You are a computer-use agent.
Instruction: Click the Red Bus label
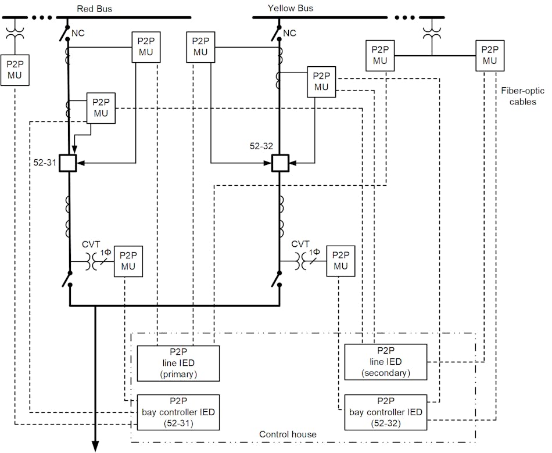pyautogui.click(x=94, y=8)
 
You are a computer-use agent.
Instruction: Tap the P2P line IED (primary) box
pyautogui.click(x=178, y=363)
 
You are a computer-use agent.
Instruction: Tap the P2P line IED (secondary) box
pyautogui.click(x=386, y=362)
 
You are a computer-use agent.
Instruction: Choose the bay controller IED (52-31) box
pyautogui.click(x=178, y=412)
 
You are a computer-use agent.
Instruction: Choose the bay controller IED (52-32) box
pyautogui.click(x=386, y=412)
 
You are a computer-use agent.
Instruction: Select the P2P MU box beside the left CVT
pyautogui.click(x=128, y=261)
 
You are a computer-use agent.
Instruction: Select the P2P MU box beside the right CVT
pyautogui.click(x=340, y=261)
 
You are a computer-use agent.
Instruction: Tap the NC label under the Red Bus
pyautogui.click(x=78, y=33)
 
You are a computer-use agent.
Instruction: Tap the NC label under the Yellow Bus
pyautogui.click(x=289, y=33)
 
